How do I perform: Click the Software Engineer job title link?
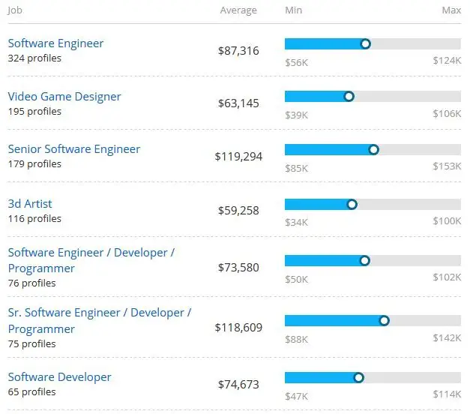(55, 43)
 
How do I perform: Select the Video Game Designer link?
(64, 97)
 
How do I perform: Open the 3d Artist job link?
(30, 204)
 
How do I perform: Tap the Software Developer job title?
(59, 377)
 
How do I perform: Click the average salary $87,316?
(238, 50)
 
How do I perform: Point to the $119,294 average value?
(237, 157)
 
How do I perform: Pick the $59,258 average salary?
(238, 211)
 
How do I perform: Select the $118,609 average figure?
(237, 328)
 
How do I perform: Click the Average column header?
(238, 10)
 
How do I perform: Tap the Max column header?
(451, 10)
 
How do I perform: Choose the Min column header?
(294, 10)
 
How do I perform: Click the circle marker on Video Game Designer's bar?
(349, 97)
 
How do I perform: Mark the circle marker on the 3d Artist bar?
(352, 204)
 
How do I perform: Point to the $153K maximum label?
(447, 167)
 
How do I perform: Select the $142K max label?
(447, 338)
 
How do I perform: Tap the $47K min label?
(296, 395)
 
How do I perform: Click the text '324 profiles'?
(34, 58)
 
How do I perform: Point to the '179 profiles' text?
(34, 164)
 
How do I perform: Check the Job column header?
(15, 10)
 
